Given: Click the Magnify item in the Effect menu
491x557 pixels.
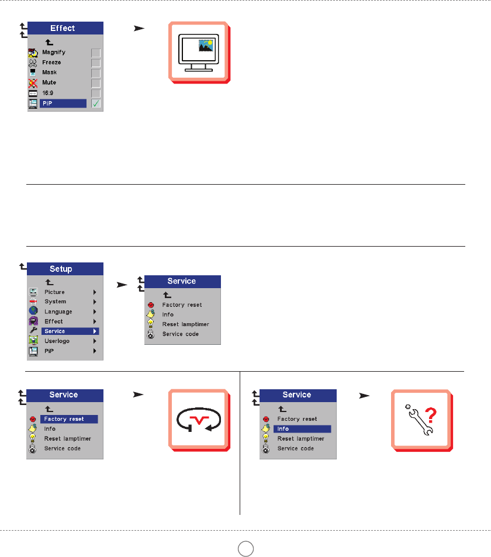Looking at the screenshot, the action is [x=54, y=53].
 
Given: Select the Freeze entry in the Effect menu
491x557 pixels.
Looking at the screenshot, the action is [x=51, y=63].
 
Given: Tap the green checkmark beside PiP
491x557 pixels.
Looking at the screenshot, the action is [x=96, y=104].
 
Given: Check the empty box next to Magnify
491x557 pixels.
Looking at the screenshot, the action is [x=96, y=53].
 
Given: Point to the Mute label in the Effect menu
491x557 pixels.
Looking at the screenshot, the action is [x=49, y=83].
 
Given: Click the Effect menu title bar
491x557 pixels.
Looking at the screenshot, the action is [x=63, y=28].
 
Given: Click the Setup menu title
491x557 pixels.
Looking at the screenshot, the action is [x=61, y=269].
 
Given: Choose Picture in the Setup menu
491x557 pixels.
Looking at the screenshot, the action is [x=54, y=292].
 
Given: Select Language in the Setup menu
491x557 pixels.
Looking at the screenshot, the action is [x=58, y=312].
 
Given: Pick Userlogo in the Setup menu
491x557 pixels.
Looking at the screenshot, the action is [x=57, y=341].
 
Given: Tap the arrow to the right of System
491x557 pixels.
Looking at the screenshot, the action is [x=95, y=302].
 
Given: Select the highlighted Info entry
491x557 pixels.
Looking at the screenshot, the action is [x=283, y=429].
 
